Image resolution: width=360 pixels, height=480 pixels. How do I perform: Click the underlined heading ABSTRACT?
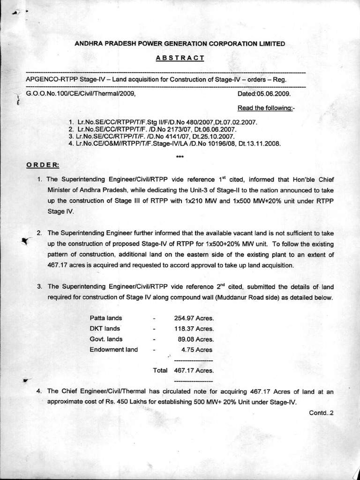(180, 58)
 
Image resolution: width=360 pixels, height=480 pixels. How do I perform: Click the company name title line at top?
(180, 44)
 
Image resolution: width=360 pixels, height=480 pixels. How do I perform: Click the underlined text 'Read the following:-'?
(266, 108)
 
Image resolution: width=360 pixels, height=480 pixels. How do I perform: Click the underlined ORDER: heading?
(42, 165)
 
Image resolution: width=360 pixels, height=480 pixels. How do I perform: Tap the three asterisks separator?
(180, 157)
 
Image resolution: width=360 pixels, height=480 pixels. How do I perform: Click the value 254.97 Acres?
(194, 318)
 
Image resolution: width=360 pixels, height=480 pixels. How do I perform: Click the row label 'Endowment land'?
(113, 350)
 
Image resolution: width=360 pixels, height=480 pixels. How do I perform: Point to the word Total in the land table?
(160, 370)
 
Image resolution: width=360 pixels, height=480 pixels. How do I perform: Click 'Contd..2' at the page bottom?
(321, 413)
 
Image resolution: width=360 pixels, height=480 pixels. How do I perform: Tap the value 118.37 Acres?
(194, 329)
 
